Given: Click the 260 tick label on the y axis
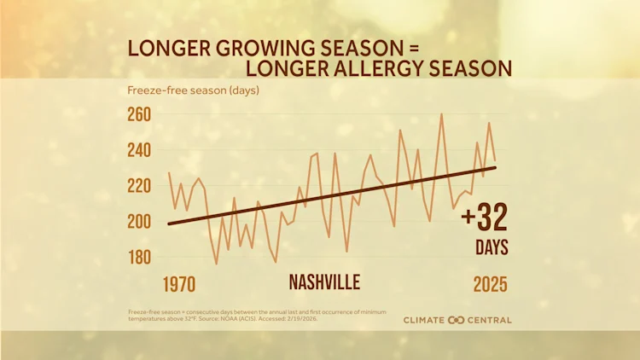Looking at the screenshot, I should coord(139,114).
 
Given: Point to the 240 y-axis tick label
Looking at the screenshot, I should coord(139,150).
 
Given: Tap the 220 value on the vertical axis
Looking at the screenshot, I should coord(139,186).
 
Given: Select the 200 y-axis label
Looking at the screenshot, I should coord(139,222).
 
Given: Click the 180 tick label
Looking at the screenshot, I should coord(139,257).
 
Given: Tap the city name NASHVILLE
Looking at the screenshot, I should coord(324,282).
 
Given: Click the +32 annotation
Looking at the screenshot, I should coord(484,218).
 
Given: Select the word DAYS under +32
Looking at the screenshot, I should coord(492,248).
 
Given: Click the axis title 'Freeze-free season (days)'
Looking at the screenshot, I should coord(193,90).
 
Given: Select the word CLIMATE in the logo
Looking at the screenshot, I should coord(425,320).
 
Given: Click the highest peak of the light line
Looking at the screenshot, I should coord(441,113).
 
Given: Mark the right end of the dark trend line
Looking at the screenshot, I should coord(495,167).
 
